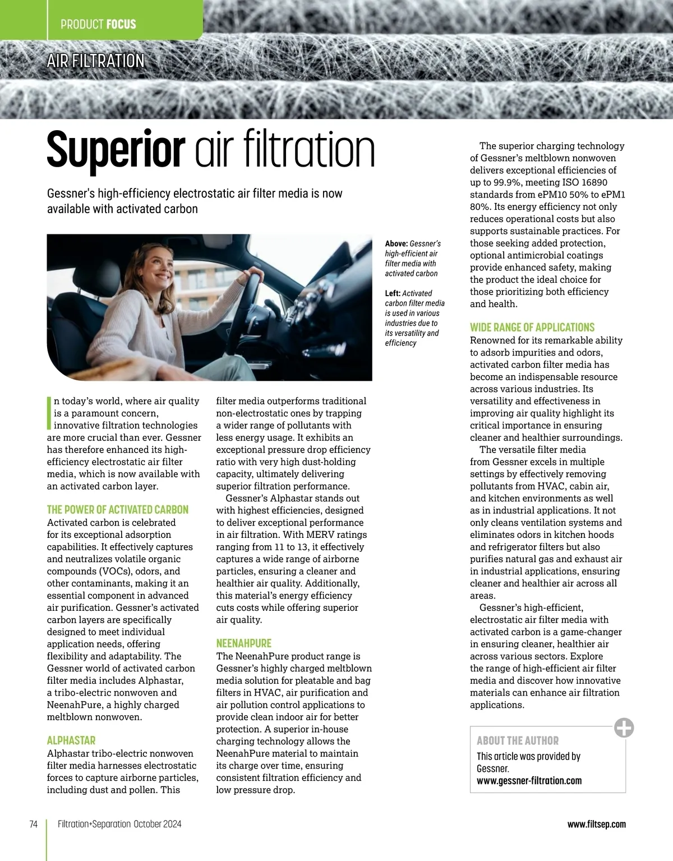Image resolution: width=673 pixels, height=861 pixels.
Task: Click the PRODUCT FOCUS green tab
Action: [x=98, y=24]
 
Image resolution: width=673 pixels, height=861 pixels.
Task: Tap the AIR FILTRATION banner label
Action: [x=95, y=61]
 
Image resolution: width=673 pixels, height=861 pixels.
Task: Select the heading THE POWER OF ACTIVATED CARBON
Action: [x=118, y=510]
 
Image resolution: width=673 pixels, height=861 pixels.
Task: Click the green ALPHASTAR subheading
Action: [x=71, y=740]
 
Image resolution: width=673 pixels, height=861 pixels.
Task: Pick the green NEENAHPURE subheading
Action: [x=243, y=643]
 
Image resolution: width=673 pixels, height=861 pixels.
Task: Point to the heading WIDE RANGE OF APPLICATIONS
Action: [x=532, y=328]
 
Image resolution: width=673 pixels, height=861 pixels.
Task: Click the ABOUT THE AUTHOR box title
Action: [x=518, y=740]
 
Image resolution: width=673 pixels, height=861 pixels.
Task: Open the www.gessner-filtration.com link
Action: [x=529, y=781]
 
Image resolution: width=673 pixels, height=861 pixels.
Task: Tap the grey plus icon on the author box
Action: [x=624, y=728]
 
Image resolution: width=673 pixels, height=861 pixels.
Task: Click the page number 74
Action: [x=33, y=824]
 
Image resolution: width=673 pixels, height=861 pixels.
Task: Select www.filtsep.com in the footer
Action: [x=596, y=824]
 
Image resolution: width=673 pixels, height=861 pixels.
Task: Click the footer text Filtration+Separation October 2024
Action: [x=119, y=824]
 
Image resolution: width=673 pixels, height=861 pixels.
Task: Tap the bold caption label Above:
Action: [x=397, y=244]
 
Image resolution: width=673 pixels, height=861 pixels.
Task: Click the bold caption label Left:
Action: [x=393, y=293]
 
